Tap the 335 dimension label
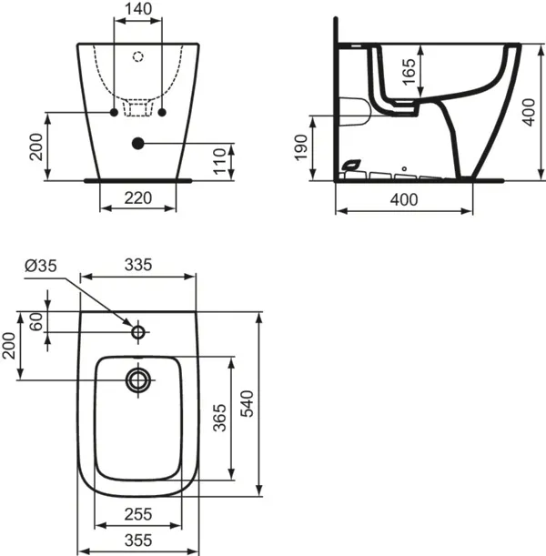click(138, 265)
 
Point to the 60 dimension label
click(35, 322)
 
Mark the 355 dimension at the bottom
click(138, 540)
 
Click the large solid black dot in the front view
click(138, 142)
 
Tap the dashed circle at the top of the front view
click(138, 57)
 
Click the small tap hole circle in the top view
click(138, 332)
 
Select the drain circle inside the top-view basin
click(138, 379)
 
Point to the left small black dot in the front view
click(115, 112)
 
